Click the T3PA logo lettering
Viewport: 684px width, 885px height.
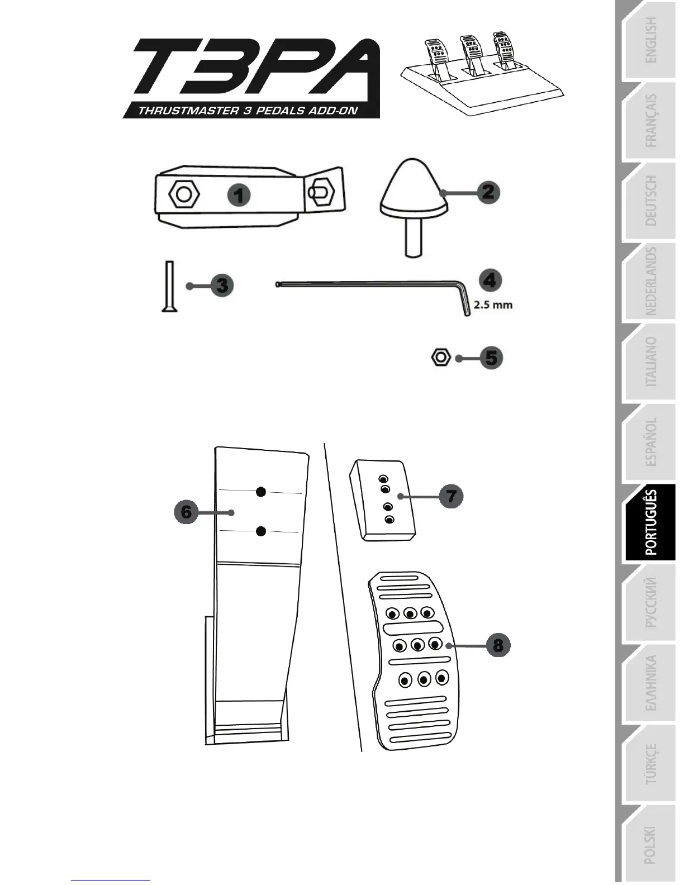pos(251,70)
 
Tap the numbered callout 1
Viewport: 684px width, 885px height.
pos(239,196)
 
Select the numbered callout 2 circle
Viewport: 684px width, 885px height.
pos(488,193)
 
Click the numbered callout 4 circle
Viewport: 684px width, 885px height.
pos(490,280)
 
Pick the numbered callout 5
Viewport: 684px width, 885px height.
pos(491,358)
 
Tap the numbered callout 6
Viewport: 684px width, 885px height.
pos(186,512)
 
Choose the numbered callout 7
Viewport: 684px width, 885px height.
pos(451,496)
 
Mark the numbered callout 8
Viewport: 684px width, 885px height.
pos(498,645)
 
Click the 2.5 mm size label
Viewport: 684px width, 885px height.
pos(493,305)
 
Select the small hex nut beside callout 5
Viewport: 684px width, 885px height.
pos(441,357)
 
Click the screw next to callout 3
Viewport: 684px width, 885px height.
pos(169,286)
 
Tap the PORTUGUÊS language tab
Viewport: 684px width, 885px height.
pos(650,522)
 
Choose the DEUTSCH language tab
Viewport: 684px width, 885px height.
pos(650,201)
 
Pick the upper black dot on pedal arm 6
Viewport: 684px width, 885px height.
pos(260,492)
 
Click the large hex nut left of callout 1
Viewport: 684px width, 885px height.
pos(183,194)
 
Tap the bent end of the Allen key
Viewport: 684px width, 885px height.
pos(464,302)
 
